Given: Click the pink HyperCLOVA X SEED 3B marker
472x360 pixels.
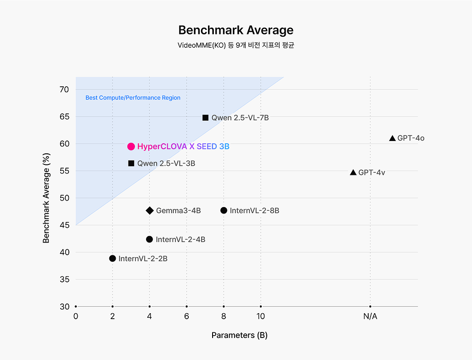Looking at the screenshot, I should click(131, 146).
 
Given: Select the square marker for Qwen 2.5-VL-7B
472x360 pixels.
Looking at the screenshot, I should click(205, 118).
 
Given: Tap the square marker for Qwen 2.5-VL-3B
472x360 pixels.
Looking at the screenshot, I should click(131, 163).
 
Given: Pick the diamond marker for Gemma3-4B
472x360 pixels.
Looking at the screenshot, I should click(149, 210).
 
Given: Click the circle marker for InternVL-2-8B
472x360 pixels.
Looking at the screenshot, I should click(224, 210).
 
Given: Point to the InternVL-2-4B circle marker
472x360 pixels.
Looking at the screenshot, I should click(149, 239).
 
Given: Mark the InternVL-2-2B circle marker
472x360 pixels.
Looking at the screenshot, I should click(112, 259).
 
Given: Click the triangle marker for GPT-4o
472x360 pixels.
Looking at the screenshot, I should click(392, 138).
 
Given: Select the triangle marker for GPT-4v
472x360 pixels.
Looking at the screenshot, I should click(353, 173).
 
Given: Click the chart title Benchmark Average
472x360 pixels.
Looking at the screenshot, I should click(236, 30).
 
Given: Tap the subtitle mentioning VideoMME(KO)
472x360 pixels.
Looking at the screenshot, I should click(236, 45).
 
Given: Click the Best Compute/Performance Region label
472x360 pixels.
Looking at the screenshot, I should click(133, 98).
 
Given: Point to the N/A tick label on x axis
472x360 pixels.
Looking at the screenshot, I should click(370, 316).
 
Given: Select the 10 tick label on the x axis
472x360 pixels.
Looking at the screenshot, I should click(261, 316).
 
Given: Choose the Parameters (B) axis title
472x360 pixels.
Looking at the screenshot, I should click(239, 335).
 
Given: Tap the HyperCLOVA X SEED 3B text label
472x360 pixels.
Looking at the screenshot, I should click(183, 146).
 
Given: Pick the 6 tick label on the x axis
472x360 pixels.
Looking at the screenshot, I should click(186, 316).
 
